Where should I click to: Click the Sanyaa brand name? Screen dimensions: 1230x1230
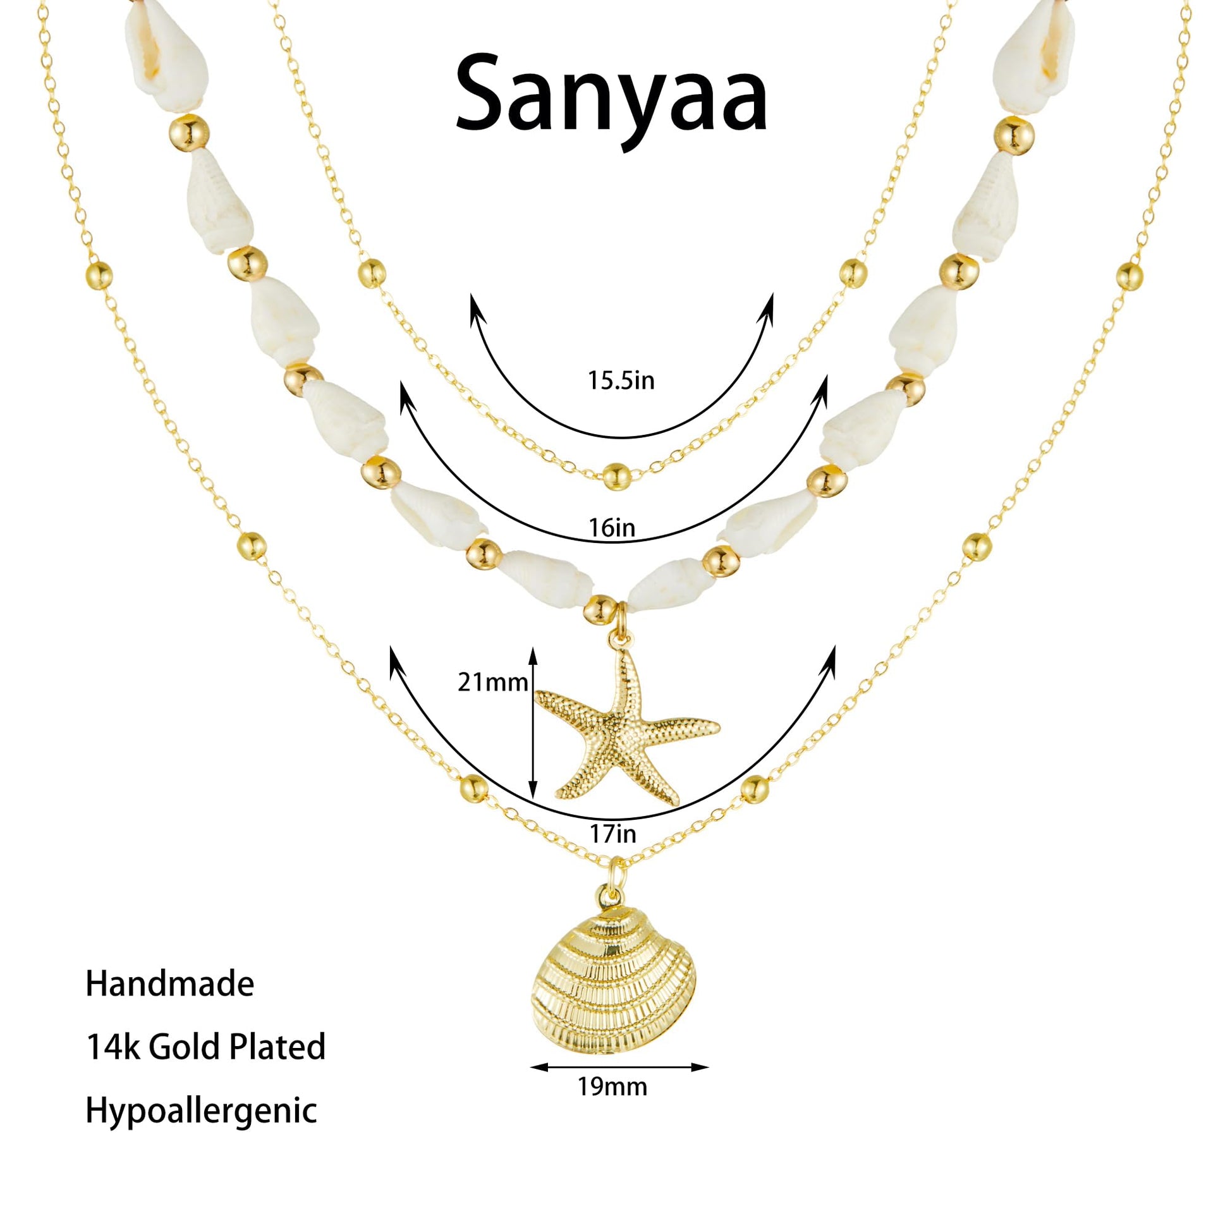(611, 99)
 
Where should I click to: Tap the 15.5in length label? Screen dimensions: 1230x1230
(621, 381)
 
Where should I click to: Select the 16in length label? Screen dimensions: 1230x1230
(612, 527)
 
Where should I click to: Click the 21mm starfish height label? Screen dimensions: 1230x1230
(493, 683)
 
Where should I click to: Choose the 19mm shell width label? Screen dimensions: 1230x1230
(612, 1086)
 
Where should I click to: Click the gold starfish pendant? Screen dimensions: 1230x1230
(626, 726)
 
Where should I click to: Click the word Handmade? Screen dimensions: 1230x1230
(170, 983)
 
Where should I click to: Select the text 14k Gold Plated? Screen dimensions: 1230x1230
(205, 1047)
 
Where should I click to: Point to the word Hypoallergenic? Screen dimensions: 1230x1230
(201, 1111)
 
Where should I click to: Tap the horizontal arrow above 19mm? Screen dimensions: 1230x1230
(619, 1068)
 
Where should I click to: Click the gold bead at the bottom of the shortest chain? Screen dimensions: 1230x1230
(616, 476)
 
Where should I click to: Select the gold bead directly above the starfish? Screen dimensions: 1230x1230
(600, 609)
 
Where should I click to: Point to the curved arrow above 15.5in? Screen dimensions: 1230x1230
(622, 437)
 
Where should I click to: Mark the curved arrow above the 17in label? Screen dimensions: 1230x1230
(612, 819)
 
